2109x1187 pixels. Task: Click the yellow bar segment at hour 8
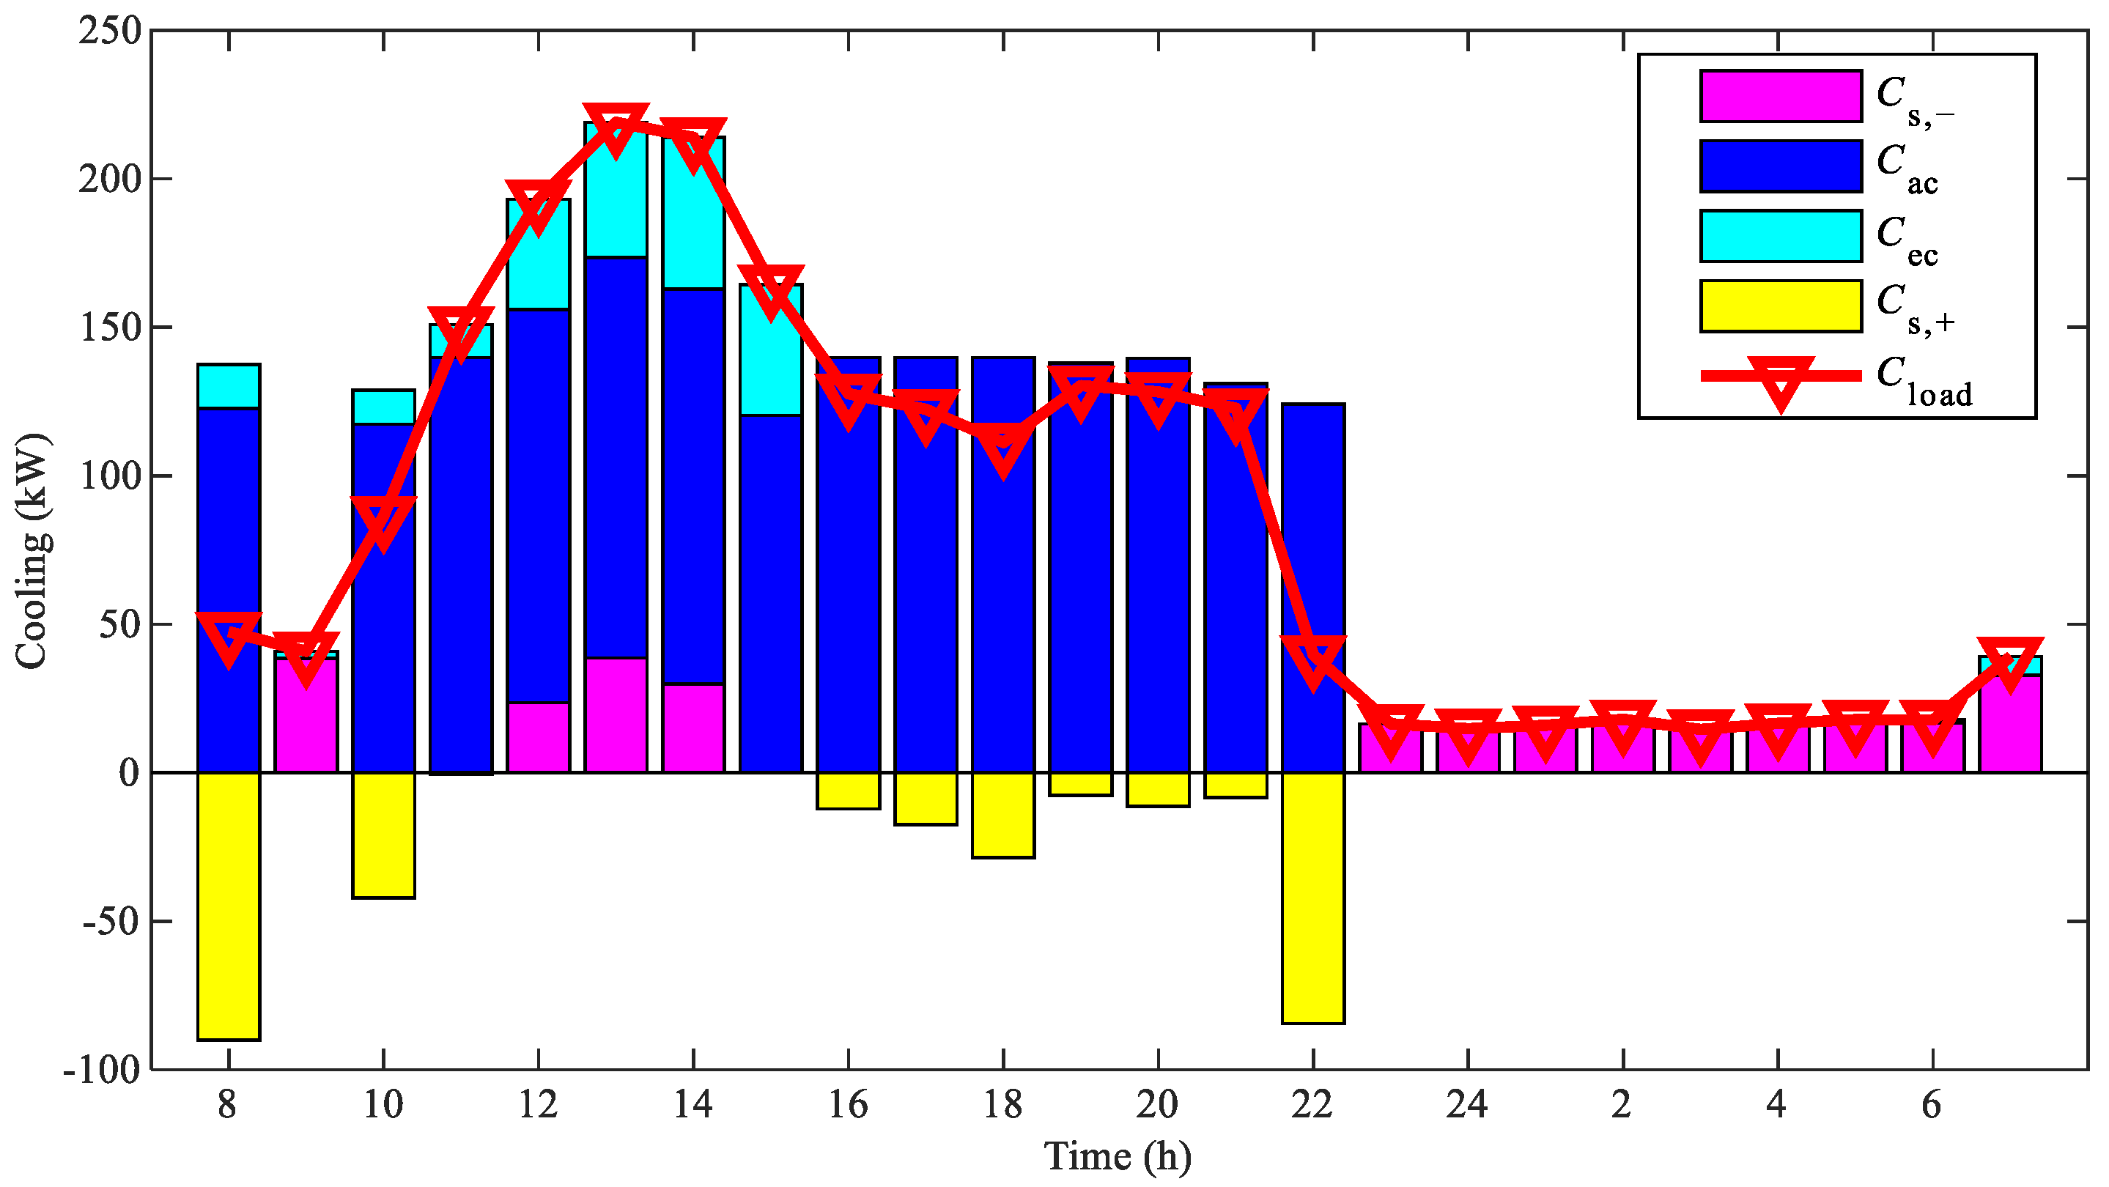(x=229, y=906)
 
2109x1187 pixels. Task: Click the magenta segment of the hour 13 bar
(x=616, y=714)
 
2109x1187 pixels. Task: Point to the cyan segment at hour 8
(x=229, y=385)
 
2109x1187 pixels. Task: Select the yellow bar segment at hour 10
(x=383, y=835)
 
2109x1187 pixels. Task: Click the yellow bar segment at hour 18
(x=1003, y=815)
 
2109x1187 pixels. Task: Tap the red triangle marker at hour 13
(x=616, y=127)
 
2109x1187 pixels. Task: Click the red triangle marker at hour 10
(x=383, y=521)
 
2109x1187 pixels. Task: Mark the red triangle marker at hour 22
(x=1312, y=659)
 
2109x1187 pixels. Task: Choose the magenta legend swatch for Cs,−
(x=1780, y=96)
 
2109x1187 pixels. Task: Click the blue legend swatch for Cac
(x=1780, y=166)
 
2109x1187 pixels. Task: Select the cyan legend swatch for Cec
(x=1780, y=236)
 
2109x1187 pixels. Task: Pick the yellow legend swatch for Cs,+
(x=1780, y=306)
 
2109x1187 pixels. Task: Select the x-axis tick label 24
(x=1466, y=1105)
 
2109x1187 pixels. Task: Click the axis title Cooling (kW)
(x=33, y=550)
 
